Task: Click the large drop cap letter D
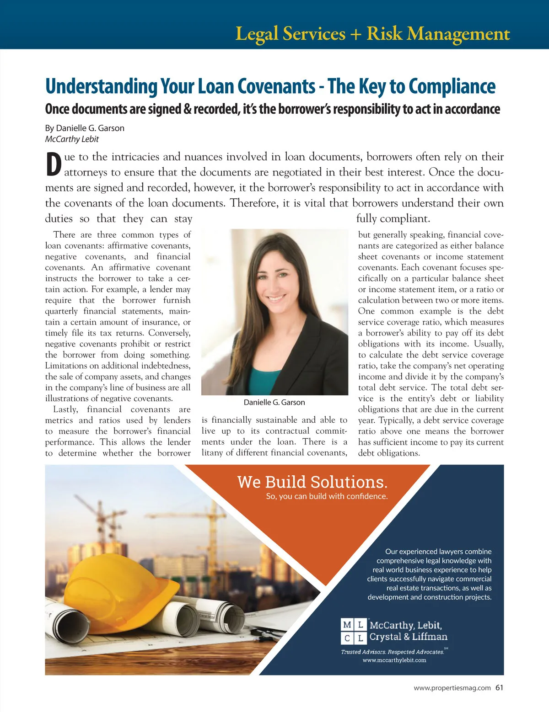pos(54,165)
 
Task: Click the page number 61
pos(499,687)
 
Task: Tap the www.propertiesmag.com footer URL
pos(452,688)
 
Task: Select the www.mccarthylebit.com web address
pos(394,660)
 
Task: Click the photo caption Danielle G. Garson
pos(274,402)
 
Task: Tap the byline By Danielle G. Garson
pos(85,128)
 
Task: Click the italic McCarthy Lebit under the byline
pos(72,139)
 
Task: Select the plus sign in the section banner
pos(355,34)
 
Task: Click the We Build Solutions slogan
pos(312,482)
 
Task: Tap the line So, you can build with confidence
pos(327,496)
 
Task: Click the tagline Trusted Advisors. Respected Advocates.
pos(393,652)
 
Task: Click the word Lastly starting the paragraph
pos(65,409)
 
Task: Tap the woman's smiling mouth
pos(276,298)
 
